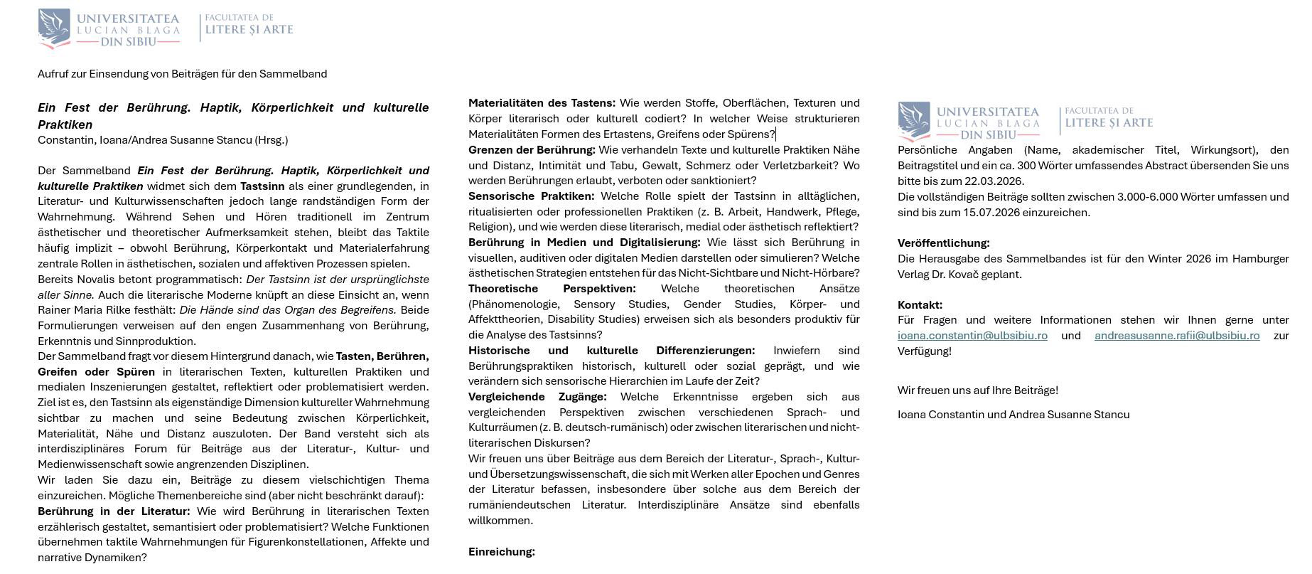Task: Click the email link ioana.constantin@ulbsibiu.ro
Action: tap(972, 336)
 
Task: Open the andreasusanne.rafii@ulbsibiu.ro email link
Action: tap(1176, 336)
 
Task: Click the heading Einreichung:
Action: tap(501, 552)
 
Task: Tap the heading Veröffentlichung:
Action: tap(943, 243)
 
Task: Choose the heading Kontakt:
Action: tap(920, 305)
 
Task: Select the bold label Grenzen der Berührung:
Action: tap(532, 150)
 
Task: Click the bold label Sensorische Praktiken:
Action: tap(531, 196)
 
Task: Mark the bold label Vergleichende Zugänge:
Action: tap(537, 397)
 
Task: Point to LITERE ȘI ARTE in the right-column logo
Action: tap(1109, 123)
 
